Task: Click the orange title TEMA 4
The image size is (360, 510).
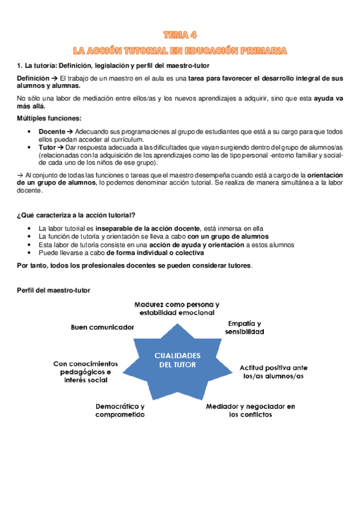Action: (x=180, y=35)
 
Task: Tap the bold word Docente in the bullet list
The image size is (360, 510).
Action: (x=51, y=131)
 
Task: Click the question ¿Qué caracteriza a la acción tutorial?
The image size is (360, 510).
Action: (x=76, y=215)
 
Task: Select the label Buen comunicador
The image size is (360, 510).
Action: (x=102, y=327)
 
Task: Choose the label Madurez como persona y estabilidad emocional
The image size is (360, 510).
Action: (x=177, y=309)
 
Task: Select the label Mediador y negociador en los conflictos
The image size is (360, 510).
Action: (x=251, y=410)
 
